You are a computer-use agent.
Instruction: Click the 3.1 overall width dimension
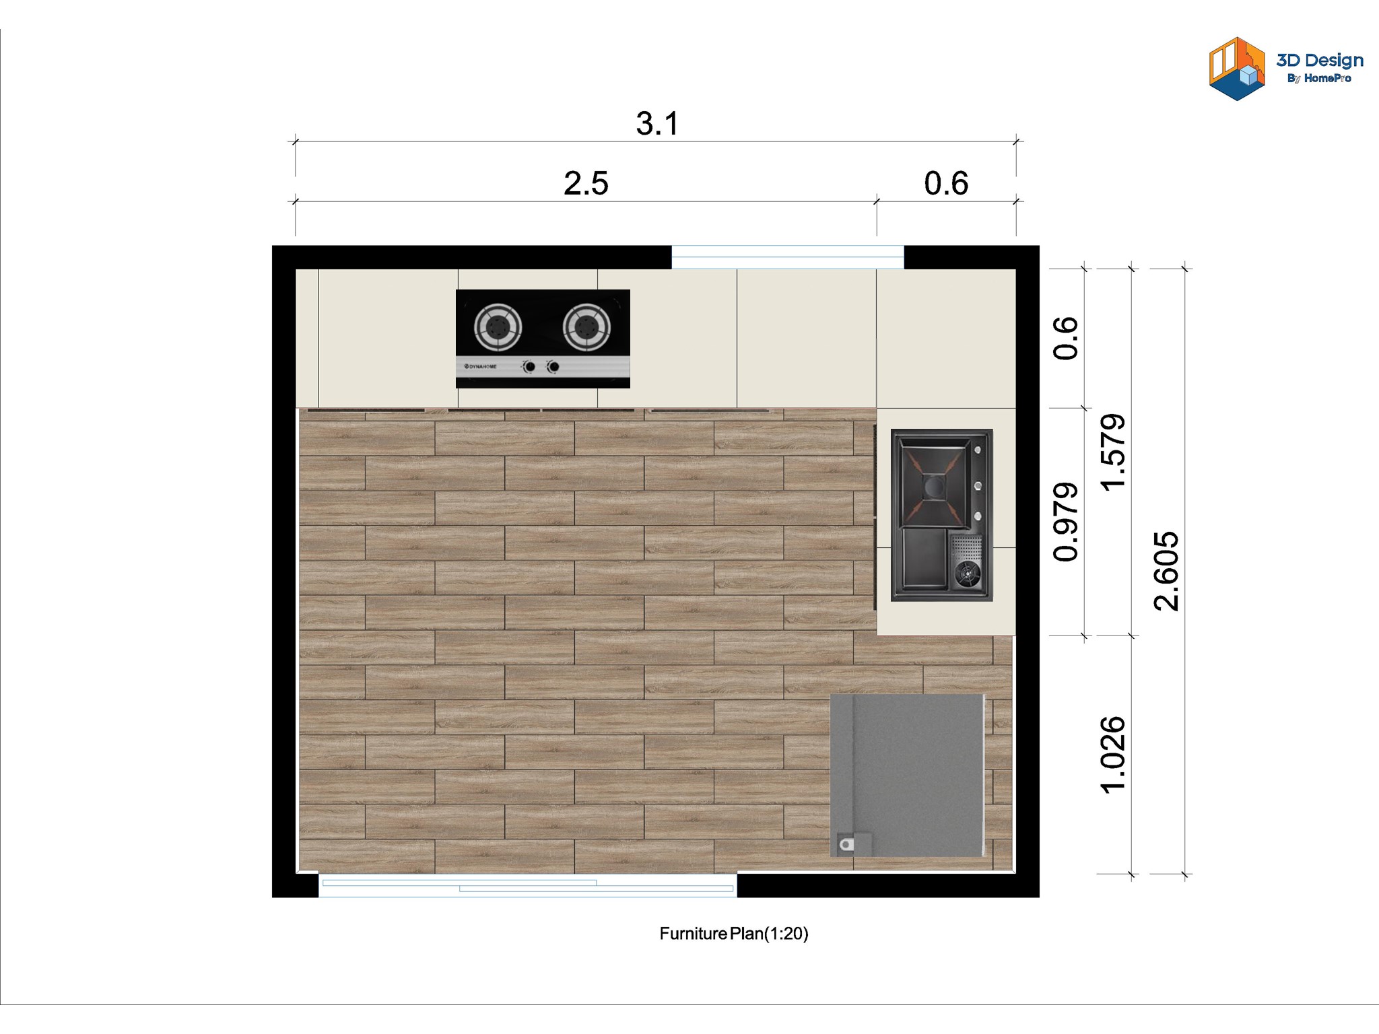point(657,124)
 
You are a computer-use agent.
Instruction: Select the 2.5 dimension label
point(586,183)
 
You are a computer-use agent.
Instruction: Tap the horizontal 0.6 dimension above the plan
point(946,183)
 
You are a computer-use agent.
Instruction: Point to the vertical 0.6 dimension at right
point(1065,338)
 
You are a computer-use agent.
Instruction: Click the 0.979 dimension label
point(1065,522)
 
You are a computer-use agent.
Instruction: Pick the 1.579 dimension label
point(1112,452)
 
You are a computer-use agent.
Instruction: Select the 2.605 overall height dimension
point(1166,571)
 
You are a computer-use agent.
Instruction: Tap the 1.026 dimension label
point(1112,755)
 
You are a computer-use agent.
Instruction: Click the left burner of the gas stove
point(498,327)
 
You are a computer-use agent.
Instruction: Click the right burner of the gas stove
point(586,327)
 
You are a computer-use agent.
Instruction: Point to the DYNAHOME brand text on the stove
point(481,367)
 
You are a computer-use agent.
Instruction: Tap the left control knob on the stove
point(530,367)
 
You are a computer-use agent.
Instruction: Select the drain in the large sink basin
point(933,485)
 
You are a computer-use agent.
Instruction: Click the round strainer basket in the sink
point(968,573)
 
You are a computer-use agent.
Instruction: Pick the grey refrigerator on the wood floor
point(908,775)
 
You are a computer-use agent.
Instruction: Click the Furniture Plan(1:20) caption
point(734,934)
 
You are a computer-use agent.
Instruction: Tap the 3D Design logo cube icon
point(1237,69)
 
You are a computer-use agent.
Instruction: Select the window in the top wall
point(788,257)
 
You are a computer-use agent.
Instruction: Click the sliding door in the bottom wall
point(528,885)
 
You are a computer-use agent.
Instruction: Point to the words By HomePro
point(1319,79)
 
